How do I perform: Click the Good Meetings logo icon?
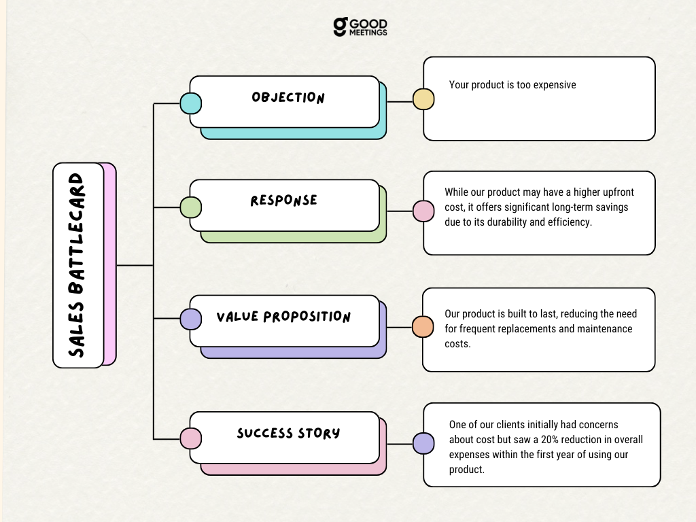[x=340, y=27]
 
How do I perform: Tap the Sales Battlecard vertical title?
[x=77, y=265]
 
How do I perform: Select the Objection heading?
[x=288, y=97]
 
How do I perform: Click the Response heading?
[x=283, y=201]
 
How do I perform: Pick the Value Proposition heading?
[x=283, y=317]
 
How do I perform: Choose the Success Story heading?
[x=288, y=433]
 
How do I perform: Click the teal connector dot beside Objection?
[x=190, y=103]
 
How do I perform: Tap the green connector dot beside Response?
[x=190, y=207]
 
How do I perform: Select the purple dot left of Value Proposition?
[x=190, y=319]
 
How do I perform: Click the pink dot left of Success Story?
[x=190, y=438]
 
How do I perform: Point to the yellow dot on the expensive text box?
[x=423, y=99]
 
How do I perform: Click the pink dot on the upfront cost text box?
[x=423, y=211]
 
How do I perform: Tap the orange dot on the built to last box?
[x=423, y=327]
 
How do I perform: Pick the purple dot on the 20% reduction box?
[x=423, y=444]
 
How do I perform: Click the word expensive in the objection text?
[x=554, y=85]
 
